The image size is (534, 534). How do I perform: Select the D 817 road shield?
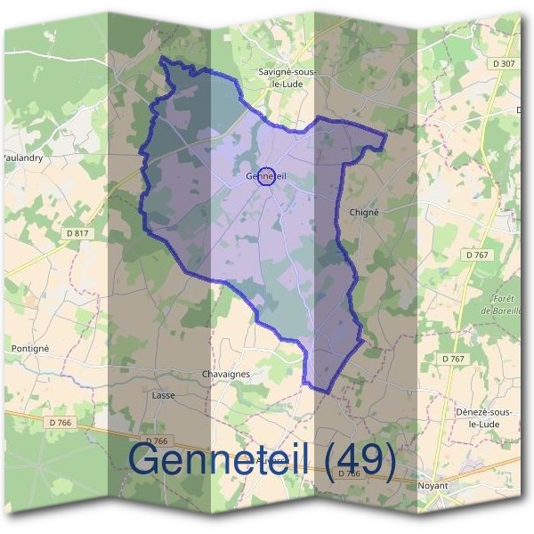(79, 233)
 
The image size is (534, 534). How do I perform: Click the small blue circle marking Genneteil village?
(265, 175)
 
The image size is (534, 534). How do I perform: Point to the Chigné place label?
(365, 213)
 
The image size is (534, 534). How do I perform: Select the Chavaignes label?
(226, 375)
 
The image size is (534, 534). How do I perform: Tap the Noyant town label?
(433, 486)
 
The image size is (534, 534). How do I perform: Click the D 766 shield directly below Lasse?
(156, 441)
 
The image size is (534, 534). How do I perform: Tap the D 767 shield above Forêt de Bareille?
(478, 255)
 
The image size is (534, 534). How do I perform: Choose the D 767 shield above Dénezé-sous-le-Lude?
(454, 359)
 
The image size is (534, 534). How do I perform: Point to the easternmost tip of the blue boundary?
(386, 135)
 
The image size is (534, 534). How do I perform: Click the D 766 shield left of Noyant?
(349, 474)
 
